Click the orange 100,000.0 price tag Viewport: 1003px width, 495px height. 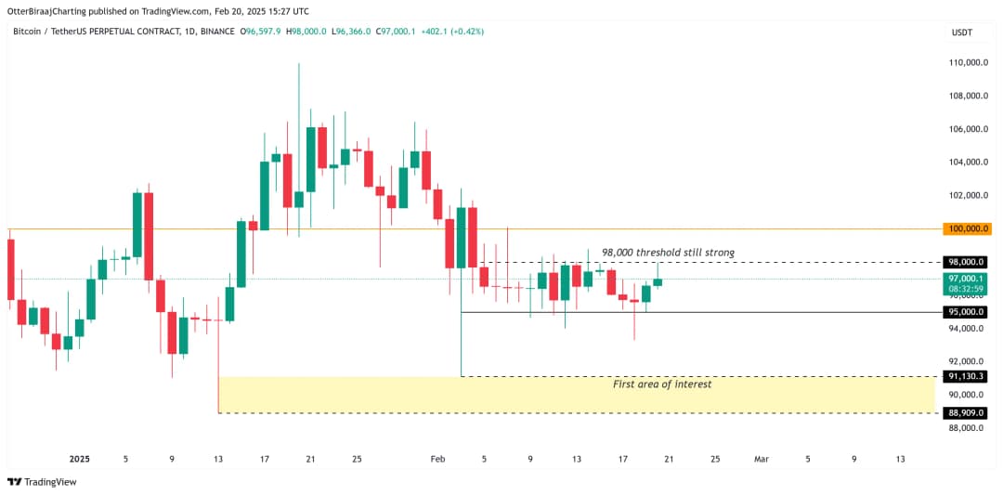tap(966, 228)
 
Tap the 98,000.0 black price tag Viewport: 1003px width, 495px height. tap(966, 262)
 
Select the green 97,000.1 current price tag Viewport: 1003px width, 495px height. tap(966, 279)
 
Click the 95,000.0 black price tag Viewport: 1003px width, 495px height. tap(966, 312)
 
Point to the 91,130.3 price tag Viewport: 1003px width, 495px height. tap(966, 376)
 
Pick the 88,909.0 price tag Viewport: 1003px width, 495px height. tap(966, 412)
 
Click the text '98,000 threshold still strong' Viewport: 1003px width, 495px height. tap(668, 253)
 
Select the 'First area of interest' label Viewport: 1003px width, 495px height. tap(662, 384)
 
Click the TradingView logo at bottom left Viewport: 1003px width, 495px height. tap(42, 482)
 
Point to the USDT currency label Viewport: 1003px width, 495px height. tap(962, 33)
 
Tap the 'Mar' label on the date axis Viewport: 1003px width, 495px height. tap(762, 459)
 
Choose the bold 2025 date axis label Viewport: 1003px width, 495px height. tap(80, 459)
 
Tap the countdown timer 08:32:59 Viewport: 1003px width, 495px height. tap(966, 289)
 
